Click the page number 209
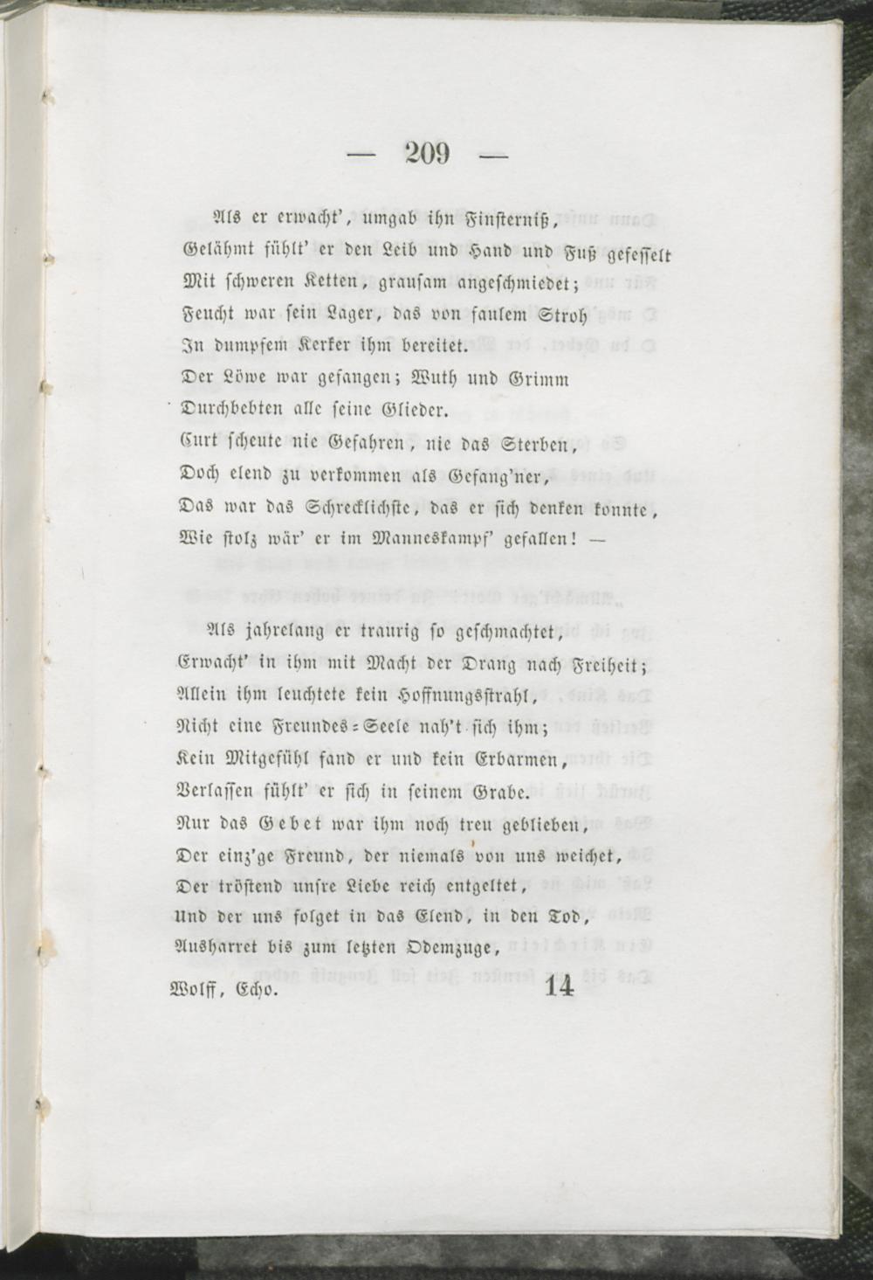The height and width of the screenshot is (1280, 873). [x=428, y=155]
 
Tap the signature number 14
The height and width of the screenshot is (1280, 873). [x=559, y=986]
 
